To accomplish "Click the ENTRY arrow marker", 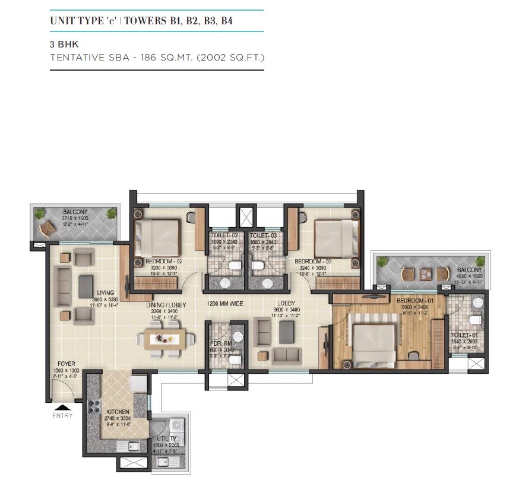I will pyautogui.click(x=61, y=407).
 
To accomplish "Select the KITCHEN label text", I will pyautogui.click(x=118, y=411).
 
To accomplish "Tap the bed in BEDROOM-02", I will pyautogui.click(x=157, y=237).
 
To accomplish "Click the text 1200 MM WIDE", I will pyautogui.click(x=224, y=304).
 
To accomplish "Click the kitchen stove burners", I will pyautogui.click(x=94, y=407).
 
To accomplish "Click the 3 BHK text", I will pyautogui.click(x=63, y=44).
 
